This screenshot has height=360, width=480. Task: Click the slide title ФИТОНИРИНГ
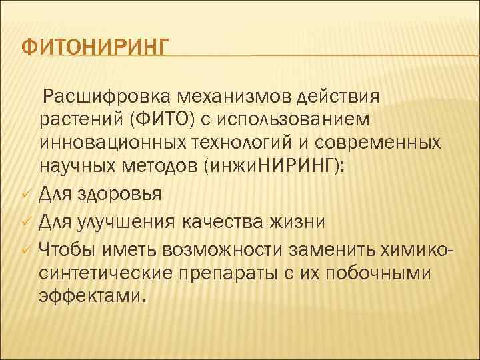95,49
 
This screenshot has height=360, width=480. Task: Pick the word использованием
307,121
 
